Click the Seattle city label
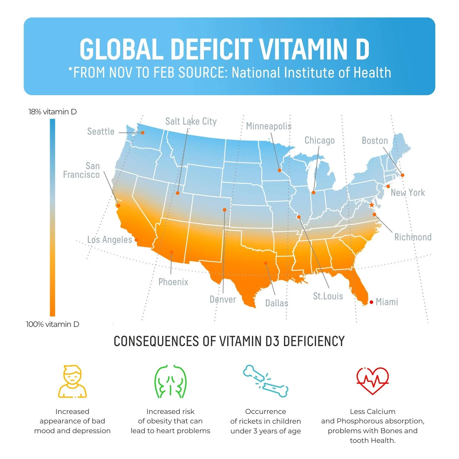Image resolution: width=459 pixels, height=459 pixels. tap(101, 131)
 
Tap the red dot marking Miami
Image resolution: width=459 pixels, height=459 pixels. tap(371, 302)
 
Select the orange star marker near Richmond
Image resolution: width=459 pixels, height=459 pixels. tap(372, 205)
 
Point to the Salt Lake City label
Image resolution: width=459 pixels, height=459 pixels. tap(191, 121)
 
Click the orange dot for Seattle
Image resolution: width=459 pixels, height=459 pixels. tap(143, 133)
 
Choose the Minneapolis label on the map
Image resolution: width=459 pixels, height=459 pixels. tap(269, 126)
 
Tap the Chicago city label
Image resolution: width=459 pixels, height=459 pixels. tap(319, 140)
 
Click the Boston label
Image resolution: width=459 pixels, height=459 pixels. tap(375, 141)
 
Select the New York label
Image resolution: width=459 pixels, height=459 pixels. tap(408, 192)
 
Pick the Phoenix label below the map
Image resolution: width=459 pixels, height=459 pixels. tap(173, 282)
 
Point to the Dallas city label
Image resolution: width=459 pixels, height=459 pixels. tap(277, 303)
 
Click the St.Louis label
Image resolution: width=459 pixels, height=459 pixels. tap(328, 296)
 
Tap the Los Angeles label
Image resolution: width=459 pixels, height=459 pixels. tap(110, 240)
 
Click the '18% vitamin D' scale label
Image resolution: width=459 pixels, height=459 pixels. tap(52, 112)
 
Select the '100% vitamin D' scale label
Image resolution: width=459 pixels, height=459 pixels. tap(52, 324)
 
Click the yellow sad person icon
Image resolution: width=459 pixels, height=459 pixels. tap(72, 381)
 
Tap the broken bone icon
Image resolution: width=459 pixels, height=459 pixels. tap(266, 381)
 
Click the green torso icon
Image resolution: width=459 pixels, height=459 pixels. tap(170, 381)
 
